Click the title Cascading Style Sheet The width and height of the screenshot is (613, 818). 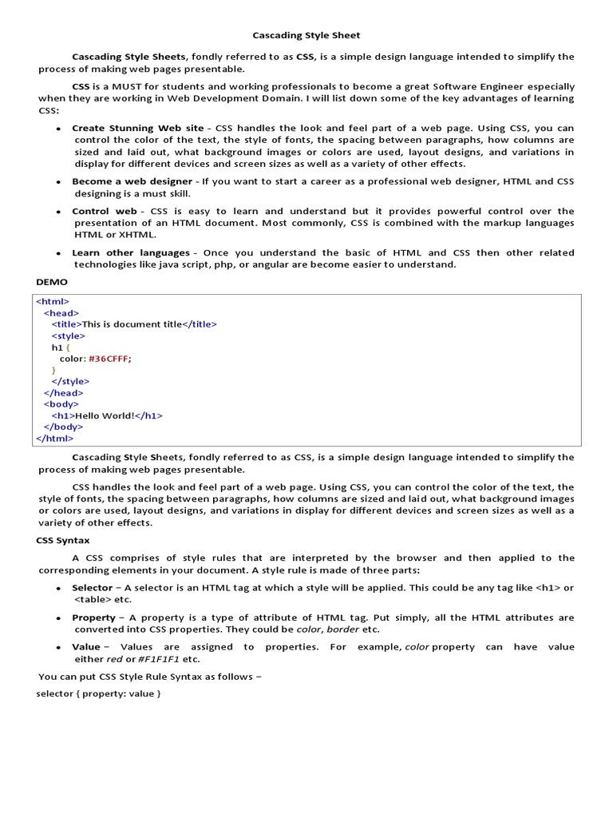pos(306,35)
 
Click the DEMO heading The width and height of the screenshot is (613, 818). pos(53,282)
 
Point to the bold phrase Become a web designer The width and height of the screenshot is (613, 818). pos(132,181)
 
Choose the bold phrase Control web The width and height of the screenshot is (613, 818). pos(105,212)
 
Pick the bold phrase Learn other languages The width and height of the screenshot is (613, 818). pos(131,252)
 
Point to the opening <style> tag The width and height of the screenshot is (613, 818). pos(69,336)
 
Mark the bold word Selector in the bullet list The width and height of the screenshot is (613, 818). pos(92,588)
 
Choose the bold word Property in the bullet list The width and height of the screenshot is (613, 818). pos(93,617)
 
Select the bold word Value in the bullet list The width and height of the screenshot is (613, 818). pos(86,647)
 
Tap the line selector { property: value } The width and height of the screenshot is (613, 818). pos(99,693)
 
